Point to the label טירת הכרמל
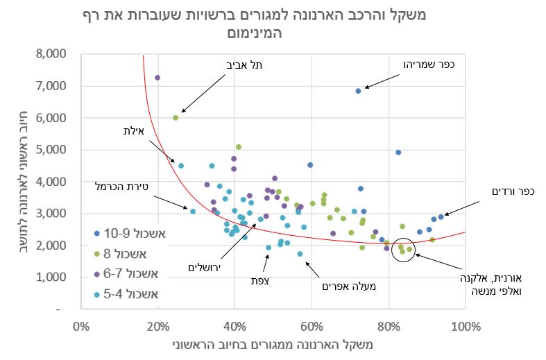[x=123, y=186]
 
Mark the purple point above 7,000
[x=157, y=78]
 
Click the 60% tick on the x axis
[x=312, y=326]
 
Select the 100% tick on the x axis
[x=466, y=326]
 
